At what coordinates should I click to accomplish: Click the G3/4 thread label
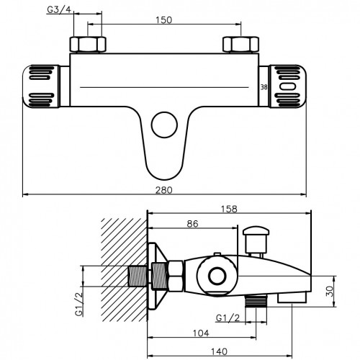pyautogui.click(x=59, y=10)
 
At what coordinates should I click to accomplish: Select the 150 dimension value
pyautogui.click(x=164, y=20)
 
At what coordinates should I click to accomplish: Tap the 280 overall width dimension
pyautogui.click(x=164, y=190)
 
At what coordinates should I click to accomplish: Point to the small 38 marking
pyautogui.click(x=264, y=87)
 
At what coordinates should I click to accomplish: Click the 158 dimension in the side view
pyautogui.click(x=229, y=209)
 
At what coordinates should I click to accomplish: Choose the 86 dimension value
pyautogui.click(x=192, y=224)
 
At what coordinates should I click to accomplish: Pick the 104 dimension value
pyautogui.click(x=201, y=333)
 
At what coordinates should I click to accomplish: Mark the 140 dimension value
pyautogui.click(x=219, y=351)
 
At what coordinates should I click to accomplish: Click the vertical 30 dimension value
pyautogui.click(x=330, y=291)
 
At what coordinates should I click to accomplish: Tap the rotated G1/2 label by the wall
pyautogui.click(x=79, y=304)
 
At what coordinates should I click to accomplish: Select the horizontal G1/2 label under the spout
pyautogui.click(x=228, y=318)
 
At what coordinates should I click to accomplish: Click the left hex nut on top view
pyautogui.click(x=88, y=45)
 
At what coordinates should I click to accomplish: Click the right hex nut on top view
pyautogui.click(x=240, y=45)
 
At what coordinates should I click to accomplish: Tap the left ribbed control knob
pyautogui.click(x=41, y=86)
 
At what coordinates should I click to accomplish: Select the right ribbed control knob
pyautogui.click(x=288, y=86)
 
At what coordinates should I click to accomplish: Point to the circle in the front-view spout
pyautogui.click(x=164, y=125)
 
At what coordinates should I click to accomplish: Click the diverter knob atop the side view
pyautogui.click(x=256, y=240)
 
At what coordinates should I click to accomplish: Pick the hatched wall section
pyautogui.click(x=125, y=270)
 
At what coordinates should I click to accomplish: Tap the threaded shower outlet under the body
pyautogui.click(x=256, y=302)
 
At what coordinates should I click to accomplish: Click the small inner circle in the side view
pyautogui.click(x=217, y=276)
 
